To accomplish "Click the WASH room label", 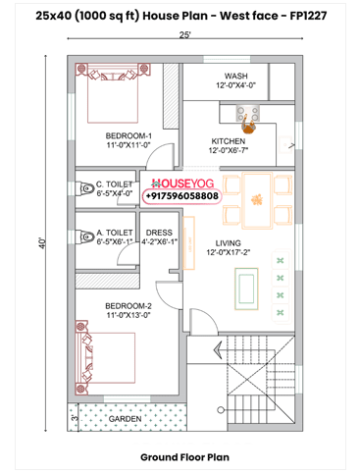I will [235, 76].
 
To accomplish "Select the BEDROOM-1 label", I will [129, 134].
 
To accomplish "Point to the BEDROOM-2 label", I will [129, 305].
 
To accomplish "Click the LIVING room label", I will [229, 243].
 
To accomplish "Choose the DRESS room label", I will [159, 234].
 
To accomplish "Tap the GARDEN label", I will [125, 417].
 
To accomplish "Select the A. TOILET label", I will [113, 234].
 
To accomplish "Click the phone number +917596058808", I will [182, 196].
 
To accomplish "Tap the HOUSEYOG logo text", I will [182, 183].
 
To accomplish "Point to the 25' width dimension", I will [184, 34].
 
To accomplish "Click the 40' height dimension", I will [42, 241].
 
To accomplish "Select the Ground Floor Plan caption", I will [183, 456].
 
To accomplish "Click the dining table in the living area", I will [256, 197].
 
